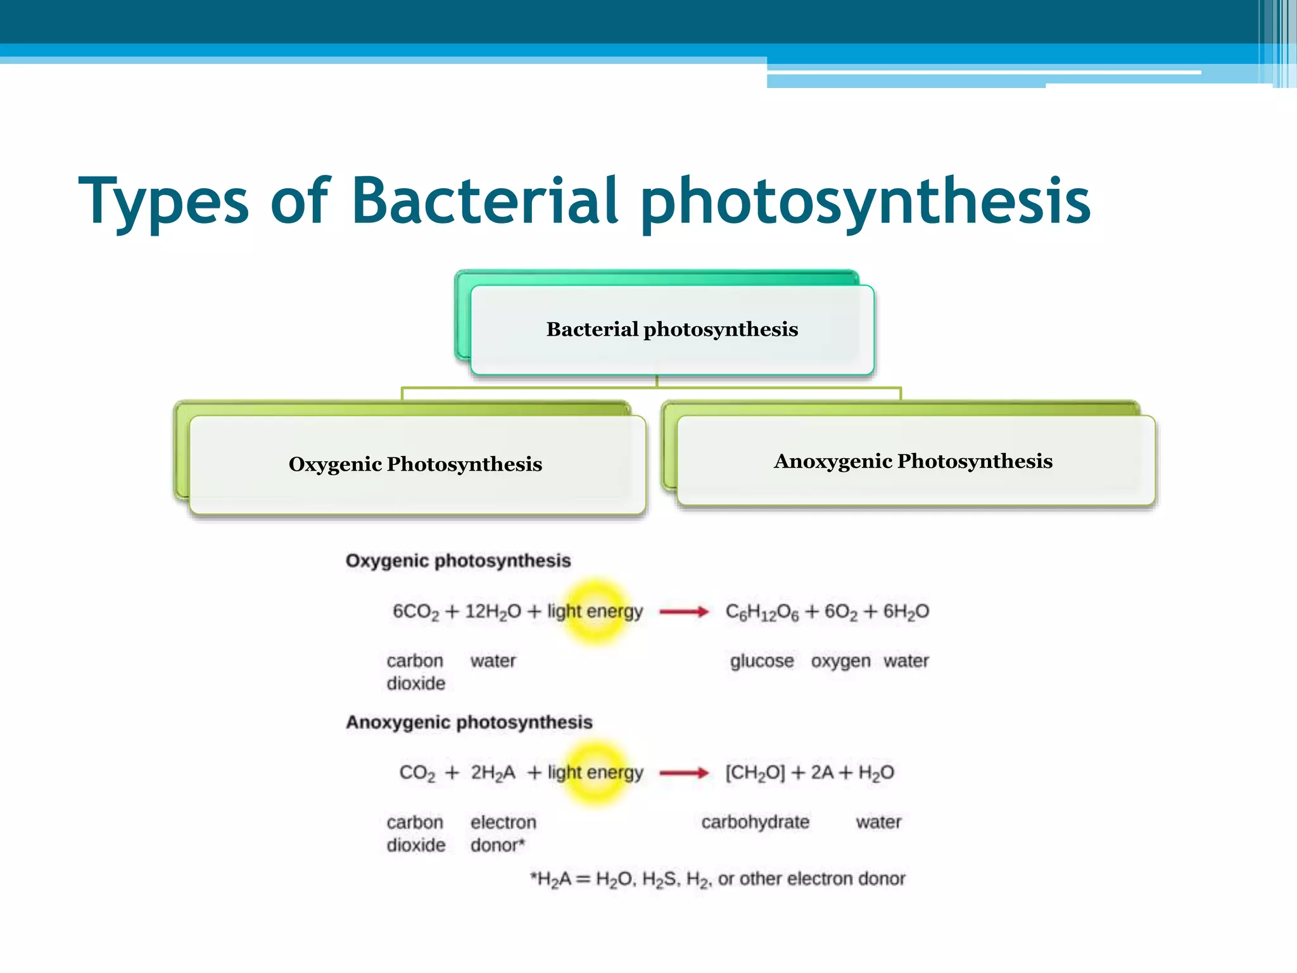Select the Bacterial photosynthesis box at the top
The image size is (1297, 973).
click(x=672, y=329)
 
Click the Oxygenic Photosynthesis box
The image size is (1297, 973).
click(x=416, y=464)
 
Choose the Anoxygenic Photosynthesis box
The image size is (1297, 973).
click(x=913, y=461)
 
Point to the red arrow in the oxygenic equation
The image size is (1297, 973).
click(x=684, y=611)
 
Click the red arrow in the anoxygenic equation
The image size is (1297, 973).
click(x=684, y=773)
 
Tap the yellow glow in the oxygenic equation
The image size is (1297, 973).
click(x=595, y=611)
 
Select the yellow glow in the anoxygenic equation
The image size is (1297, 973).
click(x=595, y=773)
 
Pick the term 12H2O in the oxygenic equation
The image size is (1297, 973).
click(x=493, y=612)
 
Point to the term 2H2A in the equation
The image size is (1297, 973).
click(x=493, y=773)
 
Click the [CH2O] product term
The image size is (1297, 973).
click(x=755, y=773)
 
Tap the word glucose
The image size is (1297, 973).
click(x=762, y=661)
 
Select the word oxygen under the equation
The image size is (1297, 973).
click(x=840, y=661)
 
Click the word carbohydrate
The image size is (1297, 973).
click(x=755, y=822)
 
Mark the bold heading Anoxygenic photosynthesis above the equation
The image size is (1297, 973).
click(x=469, y=722)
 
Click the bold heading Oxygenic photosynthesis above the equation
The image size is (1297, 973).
click(x=458, y=561)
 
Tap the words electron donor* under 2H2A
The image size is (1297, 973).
click(x=503, y=834)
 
